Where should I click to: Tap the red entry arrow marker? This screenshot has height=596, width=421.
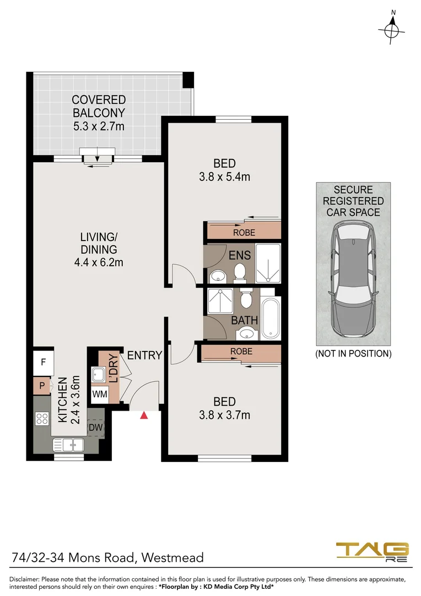click(144, 415)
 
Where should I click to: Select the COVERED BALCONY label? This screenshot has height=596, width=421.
click(99, 106)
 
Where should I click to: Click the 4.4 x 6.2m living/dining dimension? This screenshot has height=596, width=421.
click(98, 262)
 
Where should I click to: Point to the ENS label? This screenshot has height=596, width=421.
click(240, 255)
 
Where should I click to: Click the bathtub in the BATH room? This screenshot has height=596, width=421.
click(271, 318)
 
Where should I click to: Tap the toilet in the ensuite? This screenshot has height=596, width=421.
click(240, 271)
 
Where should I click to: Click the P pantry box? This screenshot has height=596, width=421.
click(42, 386)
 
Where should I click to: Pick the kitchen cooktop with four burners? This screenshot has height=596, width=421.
click(42, 418)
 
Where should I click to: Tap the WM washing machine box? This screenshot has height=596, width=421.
click(99, 394)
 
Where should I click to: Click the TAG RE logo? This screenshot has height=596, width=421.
click(373, 552)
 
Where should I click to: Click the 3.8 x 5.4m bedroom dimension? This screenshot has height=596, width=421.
click(224, 177)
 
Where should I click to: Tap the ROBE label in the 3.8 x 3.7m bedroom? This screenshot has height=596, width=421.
click(241, 351)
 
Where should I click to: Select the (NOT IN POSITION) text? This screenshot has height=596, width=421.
click(353, 354)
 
